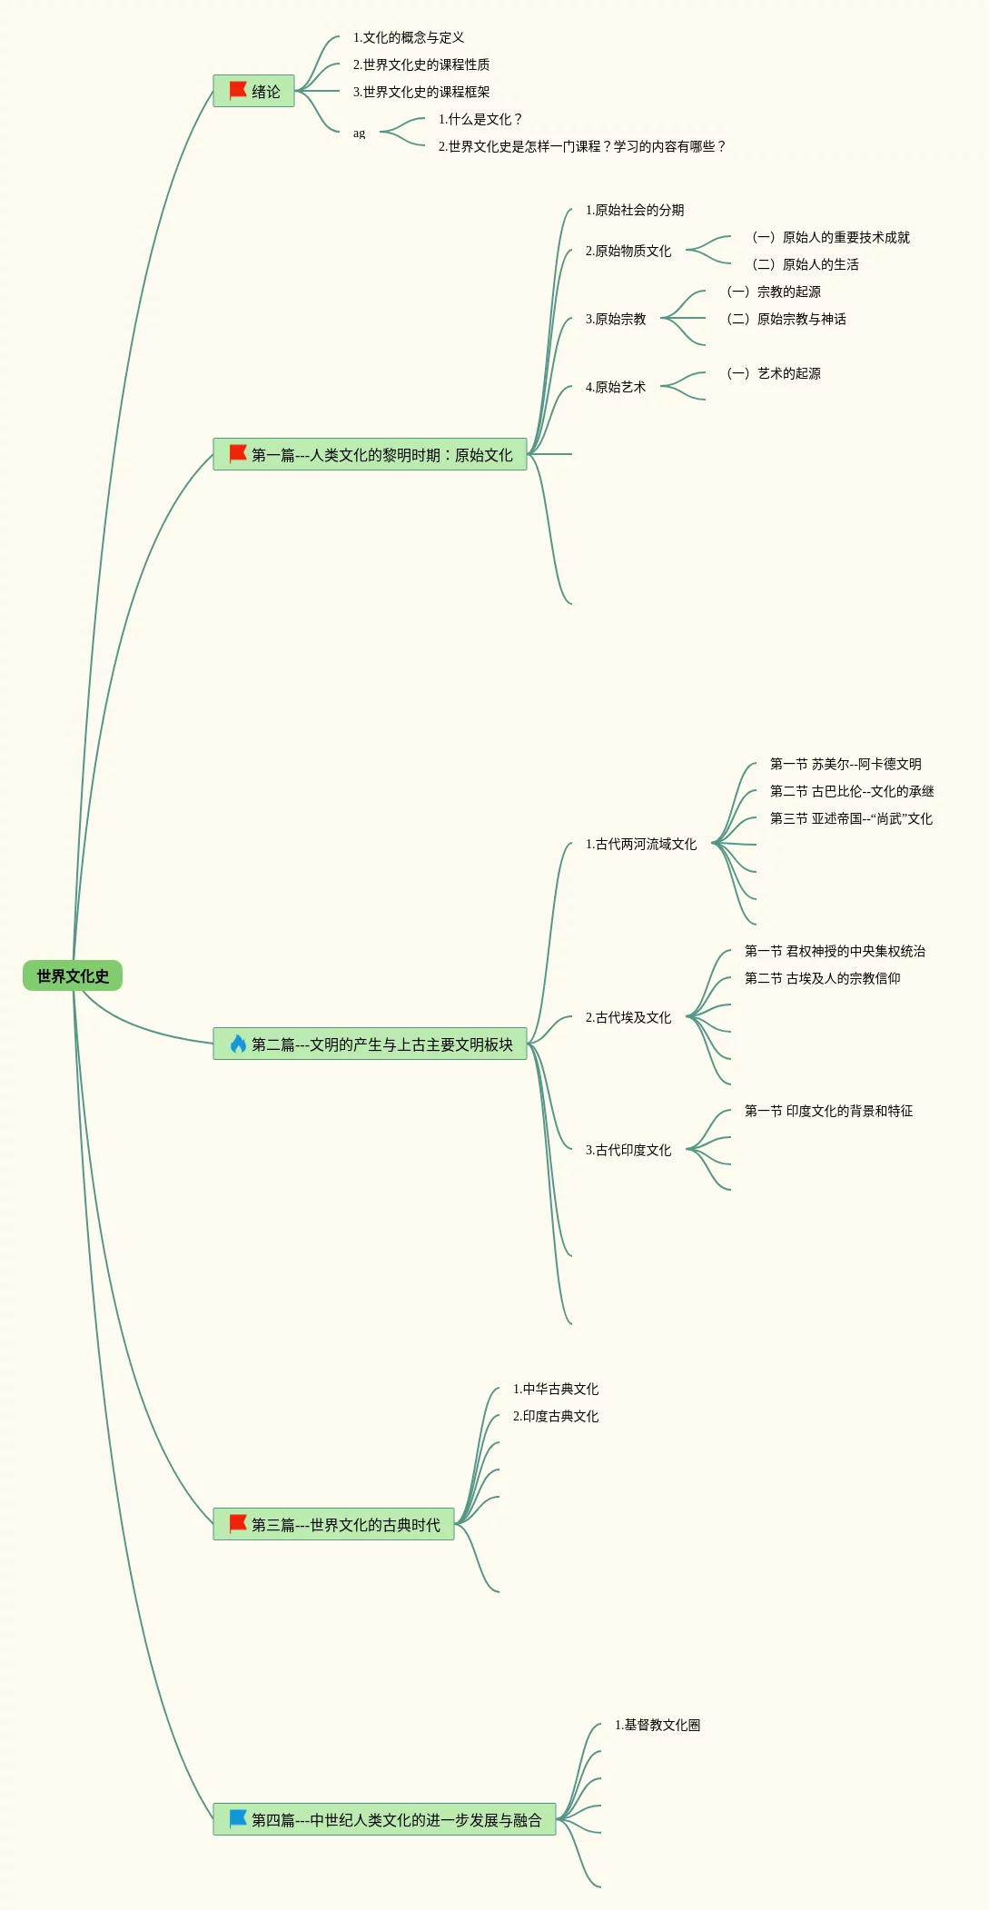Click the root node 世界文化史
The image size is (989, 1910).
click(73, 976)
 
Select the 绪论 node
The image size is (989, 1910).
click(254, 92)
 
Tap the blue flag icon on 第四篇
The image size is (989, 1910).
click(238, 1818)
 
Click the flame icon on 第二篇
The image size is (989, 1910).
click(238, 1044)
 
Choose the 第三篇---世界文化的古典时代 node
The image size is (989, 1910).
click(333, 1525)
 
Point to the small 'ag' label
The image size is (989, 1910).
click(359, 134)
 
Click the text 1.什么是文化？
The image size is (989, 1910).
click(480, 119)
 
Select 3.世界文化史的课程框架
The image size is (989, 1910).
click(421, 92)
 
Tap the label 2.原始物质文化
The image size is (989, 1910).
click(628, 251)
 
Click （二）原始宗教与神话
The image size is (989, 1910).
click(786, 319)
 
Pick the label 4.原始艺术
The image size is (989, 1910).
click(616, 387)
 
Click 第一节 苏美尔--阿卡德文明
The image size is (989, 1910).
click(846, 764)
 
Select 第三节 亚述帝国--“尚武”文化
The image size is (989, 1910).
click(851, 818)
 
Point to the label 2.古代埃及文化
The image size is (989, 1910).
click(628, 1017)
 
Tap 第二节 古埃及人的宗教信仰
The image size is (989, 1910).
click(823, 978)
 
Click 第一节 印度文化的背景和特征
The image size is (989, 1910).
click(829, 1111)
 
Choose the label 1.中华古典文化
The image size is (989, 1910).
click(556, 1389)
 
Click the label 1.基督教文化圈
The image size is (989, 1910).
click(658, 1725)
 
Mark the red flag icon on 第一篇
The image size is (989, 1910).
click(238, 453)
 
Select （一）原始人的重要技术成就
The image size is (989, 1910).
click(831, 237)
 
